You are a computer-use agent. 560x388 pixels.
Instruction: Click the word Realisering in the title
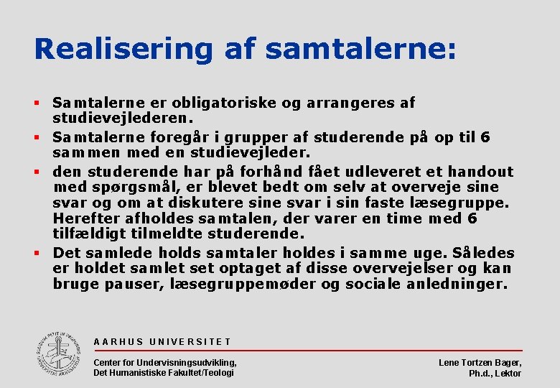pyautogui.click(x=123, y=49)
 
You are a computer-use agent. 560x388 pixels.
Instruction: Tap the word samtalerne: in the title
pyautogui.click(x=360, y=49)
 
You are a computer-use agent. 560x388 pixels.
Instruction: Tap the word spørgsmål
pyautogui.click(x=134, y=187)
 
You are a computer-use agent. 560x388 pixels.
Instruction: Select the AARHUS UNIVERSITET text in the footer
pyautogui.click(x=162, y=342)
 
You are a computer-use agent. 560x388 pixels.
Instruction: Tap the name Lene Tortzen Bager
pyautogui.click(x=480, y=363)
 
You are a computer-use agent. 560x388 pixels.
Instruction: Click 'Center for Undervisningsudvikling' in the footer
pyautogui.click(x=165, y=362)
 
